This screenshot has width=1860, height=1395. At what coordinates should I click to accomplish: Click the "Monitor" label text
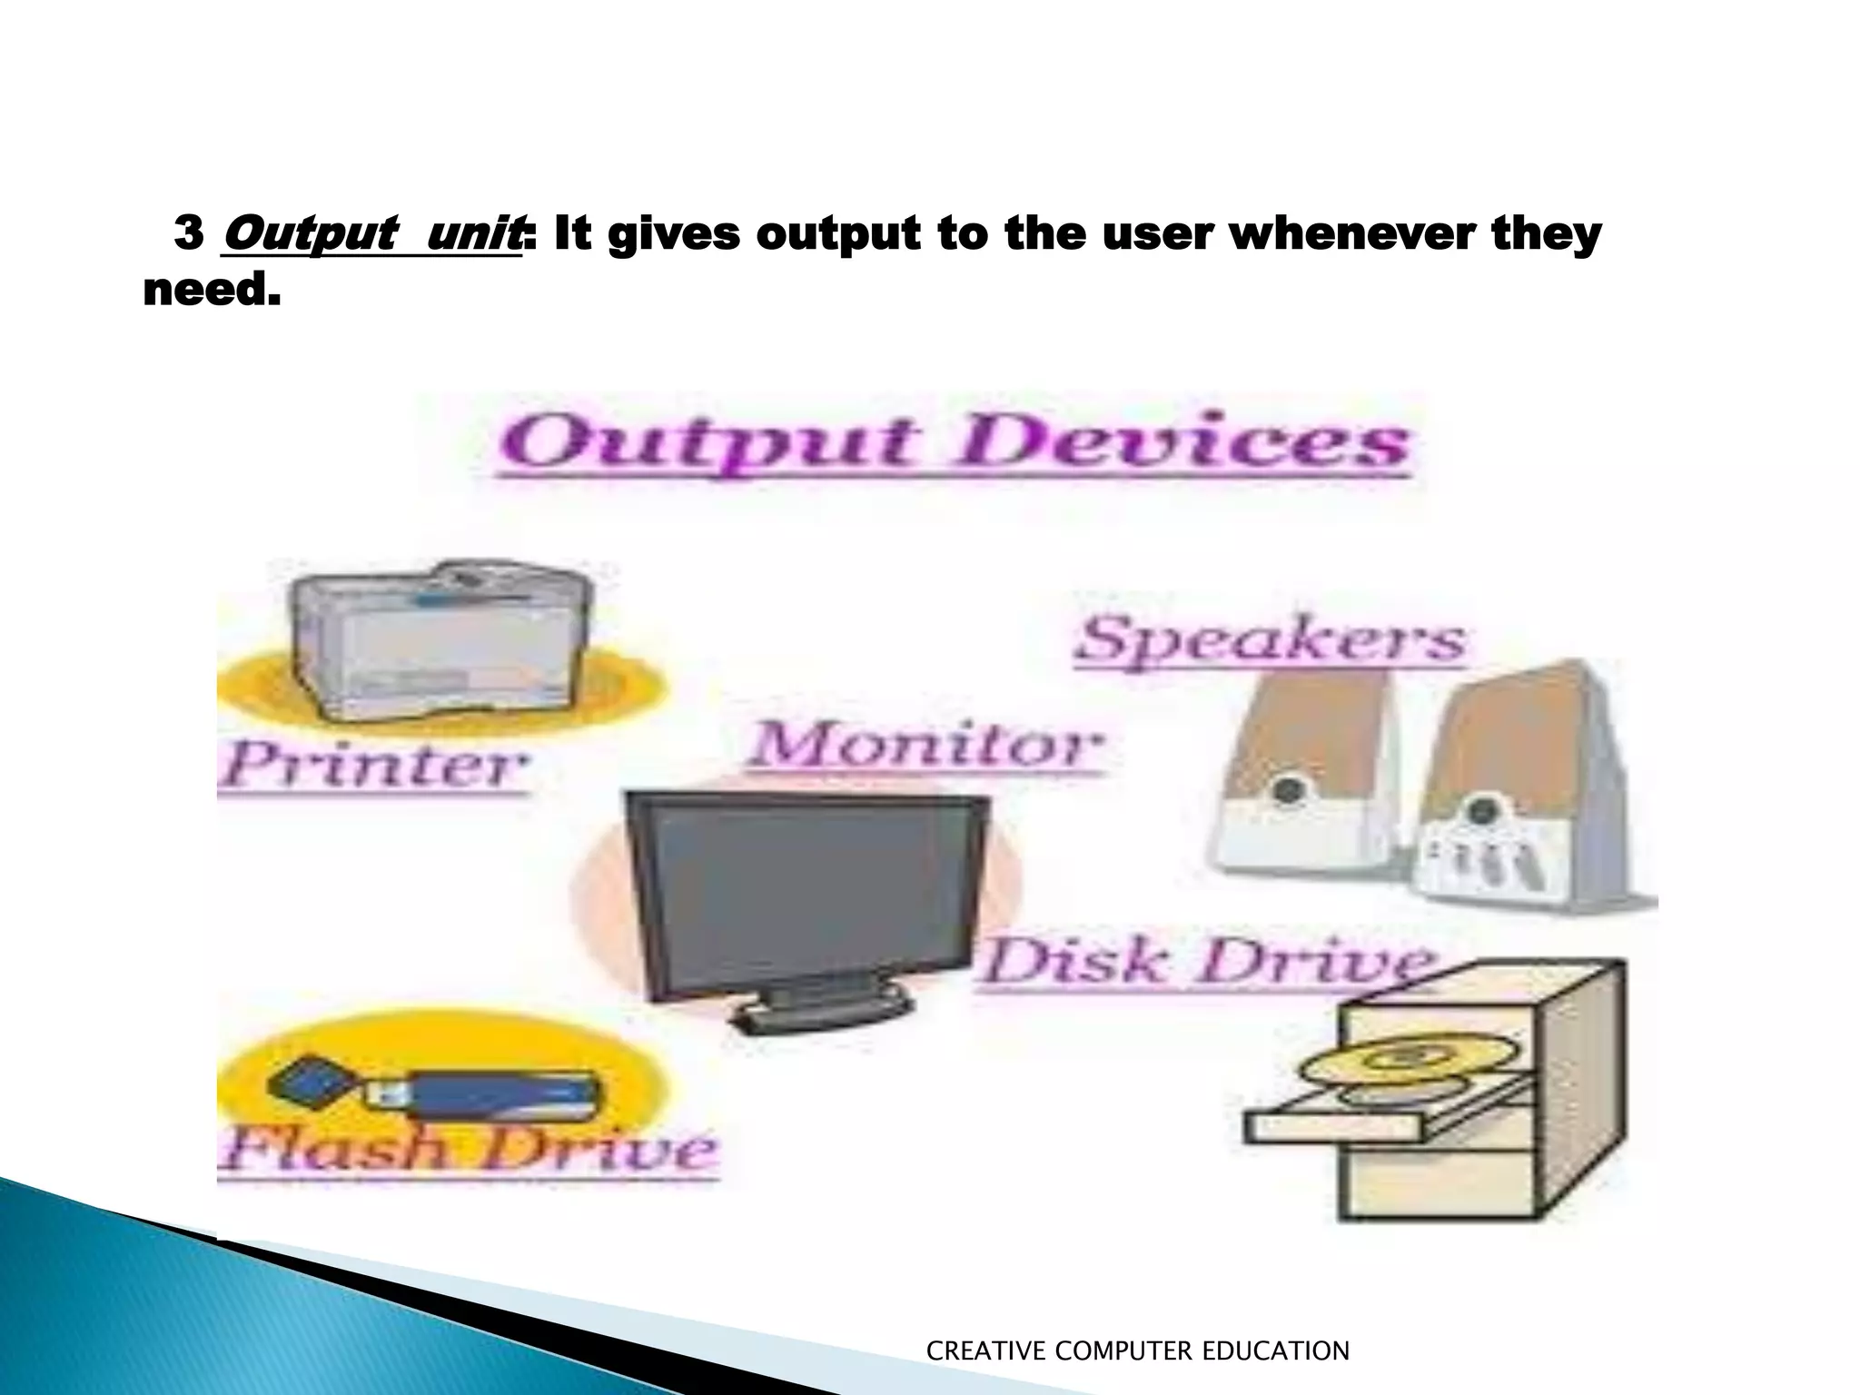(x=926, y=747)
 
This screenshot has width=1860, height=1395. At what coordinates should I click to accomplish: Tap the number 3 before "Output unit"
(x=188, y=235)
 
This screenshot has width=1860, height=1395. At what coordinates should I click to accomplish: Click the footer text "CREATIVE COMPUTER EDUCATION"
(x=1137, y=1351)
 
